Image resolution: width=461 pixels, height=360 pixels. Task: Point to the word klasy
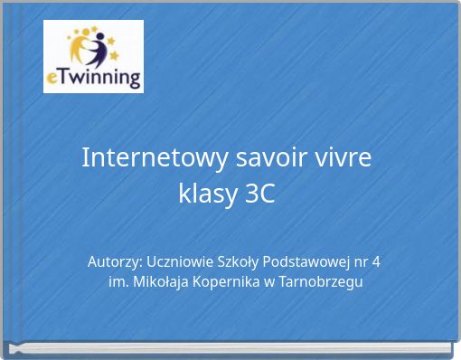pos(208,194)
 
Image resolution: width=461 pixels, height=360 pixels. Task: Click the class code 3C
pos(260,194)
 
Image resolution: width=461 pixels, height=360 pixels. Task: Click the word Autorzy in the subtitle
pos(115,262)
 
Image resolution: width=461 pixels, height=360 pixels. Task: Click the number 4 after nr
pos(376,262)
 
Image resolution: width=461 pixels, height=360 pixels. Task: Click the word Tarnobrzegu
pos(321,282)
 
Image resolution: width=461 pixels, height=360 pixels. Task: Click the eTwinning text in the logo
pos(93,78)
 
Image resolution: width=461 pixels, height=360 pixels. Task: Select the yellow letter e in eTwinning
pos(52,79)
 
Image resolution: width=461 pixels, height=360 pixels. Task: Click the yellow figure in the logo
pos(78,47)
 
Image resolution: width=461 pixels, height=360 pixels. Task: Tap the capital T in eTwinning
pos(63,76)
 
